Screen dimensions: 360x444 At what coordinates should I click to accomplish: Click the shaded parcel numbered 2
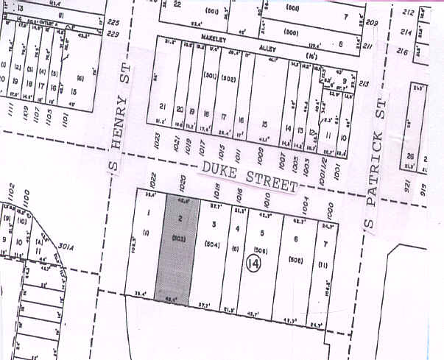pyautogui.click(x=178, y=250)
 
